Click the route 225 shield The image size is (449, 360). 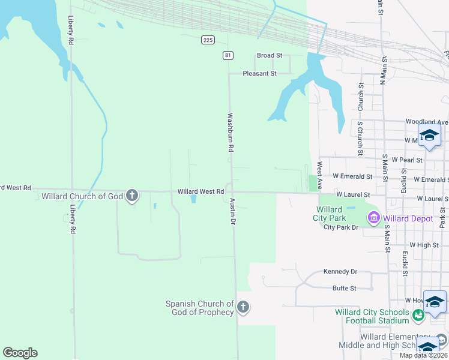point(208,40)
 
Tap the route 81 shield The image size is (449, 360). point(228,55)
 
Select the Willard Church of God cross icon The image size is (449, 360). point(132,196)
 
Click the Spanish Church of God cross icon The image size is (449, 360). point(243,308)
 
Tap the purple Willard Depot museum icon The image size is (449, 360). point(374,218)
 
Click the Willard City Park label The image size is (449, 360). point(329,213)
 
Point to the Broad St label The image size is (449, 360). point(270,55)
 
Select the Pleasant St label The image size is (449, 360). point(259,73)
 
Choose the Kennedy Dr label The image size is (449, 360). point(340,272)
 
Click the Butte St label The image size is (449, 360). point(344,288)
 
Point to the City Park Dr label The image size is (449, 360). point(340,227)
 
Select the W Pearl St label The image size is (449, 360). point(407,160)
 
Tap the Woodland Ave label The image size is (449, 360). point(426,121)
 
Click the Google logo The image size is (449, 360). point(20,353)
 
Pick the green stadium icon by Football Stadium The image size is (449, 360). point(419,313)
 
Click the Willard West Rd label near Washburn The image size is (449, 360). point(200,191)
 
